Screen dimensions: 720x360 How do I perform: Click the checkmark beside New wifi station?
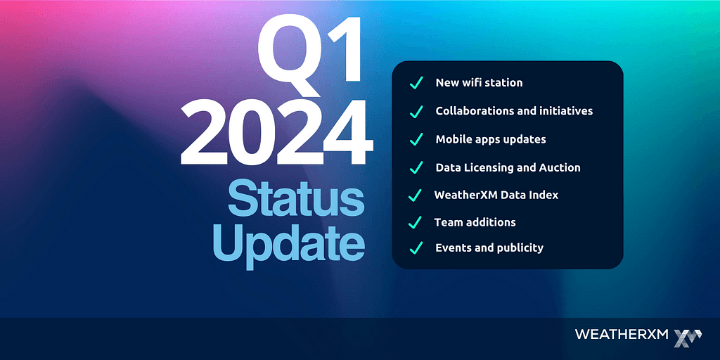tap(416, 84)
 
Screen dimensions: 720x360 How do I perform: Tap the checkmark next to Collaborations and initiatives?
tap(416, 112)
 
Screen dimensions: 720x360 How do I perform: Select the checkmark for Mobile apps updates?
tap(416, 139)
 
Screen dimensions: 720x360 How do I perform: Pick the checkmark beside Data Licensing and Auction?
tap(416, 167)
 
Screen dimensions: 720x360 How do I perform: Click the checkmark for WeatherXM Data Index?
tap(415, 195)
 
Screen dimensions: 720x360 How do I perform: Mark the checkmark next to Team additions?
tap(415, 223)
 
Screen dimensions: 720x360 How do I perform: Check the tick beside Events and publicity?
tap(416, 248)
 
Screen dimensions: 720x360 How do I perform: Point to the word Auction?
tap(562, 167)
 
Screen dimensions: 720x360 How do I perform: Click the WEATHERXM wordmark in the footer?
tap(622, 334)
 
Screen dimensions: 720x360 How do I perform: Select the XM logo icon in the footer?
tap(688, 337)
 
